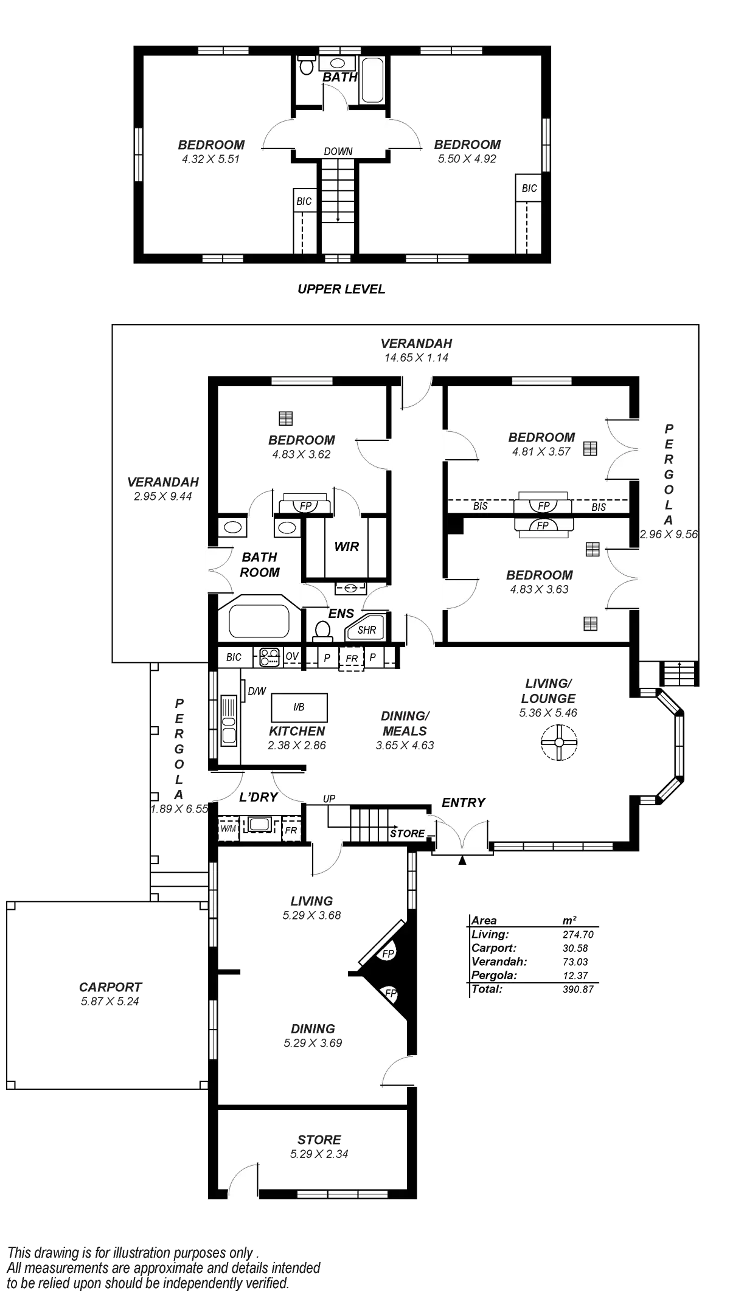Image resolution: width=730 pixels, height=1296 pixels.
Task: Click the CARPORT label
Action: click(x=110, y=986)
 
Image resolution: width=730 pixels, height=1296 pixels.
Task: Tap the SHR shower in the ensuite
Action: click(x=366, y=630)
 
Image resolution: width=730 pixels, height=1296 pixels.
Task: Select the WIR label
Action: click(x=347, y=547)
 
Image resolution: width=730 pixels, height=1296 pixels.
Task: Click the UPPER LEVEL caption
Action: click(x=342, y=289)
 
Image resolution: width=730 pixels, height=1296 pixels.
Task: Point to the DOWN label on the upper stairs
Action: click(x=338, y=151)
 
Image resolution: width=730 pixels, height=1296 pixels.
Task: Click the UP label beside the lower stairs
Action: click(x=328, y=799)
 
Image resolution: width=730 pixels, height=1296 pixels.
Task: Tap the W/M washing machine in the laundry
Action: click(x=228, y=828)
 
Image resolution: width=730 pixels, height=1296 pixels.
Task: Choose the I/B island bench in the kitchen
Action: click(x=299, y=707)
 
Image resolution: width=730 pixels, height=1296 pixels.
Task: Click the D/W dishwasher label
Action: click(x=257, y=691)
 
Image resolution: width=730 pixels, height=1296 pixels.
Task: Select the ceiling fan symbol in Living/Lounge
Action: click(x=559, y=741)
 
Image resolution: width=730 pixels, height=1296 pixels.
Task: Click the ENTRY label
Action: click(x=464, y=803)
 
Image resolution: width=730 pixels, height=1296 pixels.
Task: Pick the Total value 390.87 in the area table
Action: click(x=577, y=989)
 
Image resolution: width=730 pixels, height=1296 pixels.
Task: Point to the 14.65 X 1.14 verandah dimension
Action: click(x=416, y=358)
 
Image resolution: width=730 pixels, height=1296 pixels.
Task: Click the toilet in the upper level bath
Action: click(x=306, y=64)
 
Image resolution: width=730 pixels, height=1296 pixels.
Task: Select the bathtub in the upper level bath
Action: click(x=372, y=80)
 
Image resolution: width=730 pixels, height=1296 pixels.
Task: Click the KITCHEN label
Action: click(x=297, y=731)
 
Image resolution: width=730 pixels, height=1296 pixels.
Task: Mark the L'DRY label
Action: click(x=258, y=797)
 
